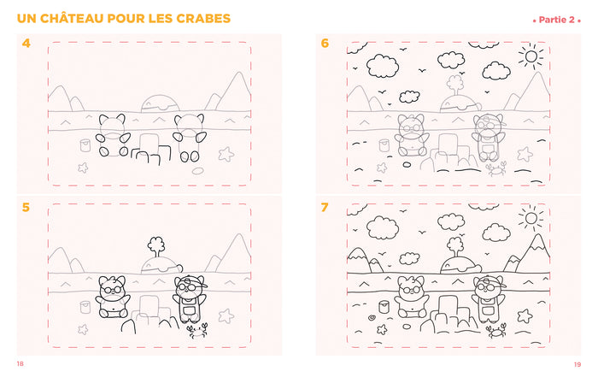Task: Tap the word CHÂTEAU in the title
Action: (x=72, y=18)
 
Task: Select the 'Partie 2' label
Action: (x=556, y=20)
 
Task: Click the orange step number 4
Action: (x=26, y=43)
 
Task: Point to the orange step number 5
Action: (x=26, y=207)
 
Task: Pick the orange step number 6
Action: (x=325, y=43)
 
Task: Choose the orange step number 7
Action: (x=324, y=207)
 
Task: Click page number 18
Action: (x=21, y=364)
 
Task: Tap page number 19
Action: (x=577, y=365)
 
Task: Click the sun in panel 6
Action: (x=531, y=56)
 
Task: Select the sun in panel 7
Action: (x=531, y=218)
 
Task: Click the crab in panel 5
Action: (x=197, y=330)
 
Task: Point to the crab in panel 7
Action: (x=496, y=331)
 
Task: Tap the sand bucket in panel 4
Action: (x=85, y=145)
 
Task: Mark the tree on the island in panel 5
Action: (x=156, y=246)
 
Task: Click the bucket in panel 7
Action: (x=384, y=307)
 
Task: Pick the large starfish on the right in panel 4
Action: (x=226, y=154)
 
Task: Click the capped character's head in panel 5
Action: (x=189, y=286)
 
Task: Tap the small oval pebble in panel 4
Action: (x=197, y=171)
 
